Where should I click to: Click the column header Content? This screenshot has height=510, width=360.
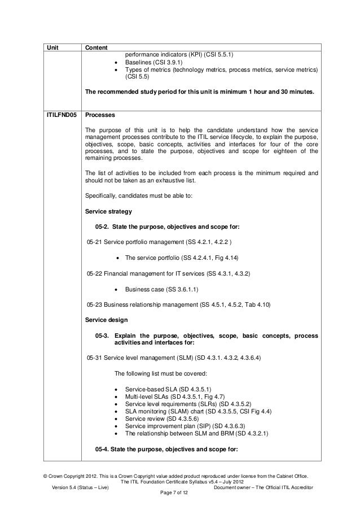pyautogui.click(x=97, y=47)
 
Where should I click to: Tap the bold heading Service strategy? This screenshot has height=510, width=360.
pyautogui.click(x=108, y=212)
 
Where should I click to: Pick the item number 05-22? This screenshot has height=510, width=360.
pyautogui.click(x=95, y=273)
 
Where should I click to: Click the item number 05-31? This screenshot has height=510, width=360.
pyautogui.click(x=95, y=359)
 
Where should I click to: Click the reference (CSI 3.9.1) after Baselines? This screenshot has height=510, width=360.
pyautogui.click(x=166, y=62)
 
